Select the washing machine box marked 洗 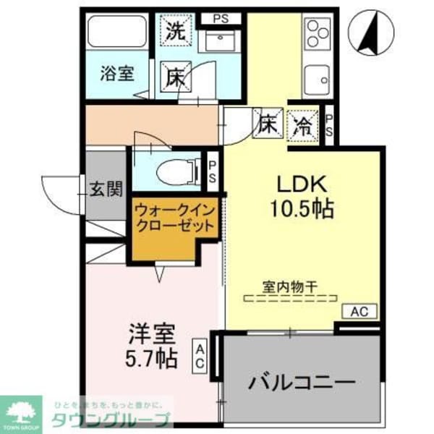(174, 30)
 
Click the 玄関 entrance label (106, 190)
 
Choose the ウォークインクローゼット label (174, 218)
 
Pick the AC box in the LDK (359, 312)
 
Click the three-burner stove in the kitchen (318, 33)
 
